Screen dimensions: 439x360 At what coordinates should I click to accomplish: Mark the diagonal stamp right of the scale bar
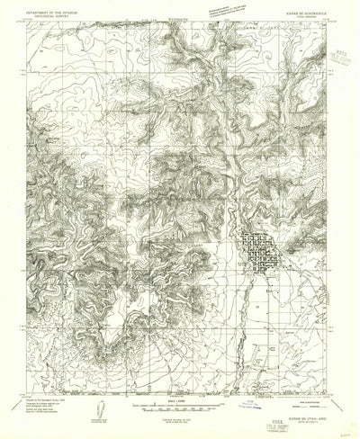click(239, 382)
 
